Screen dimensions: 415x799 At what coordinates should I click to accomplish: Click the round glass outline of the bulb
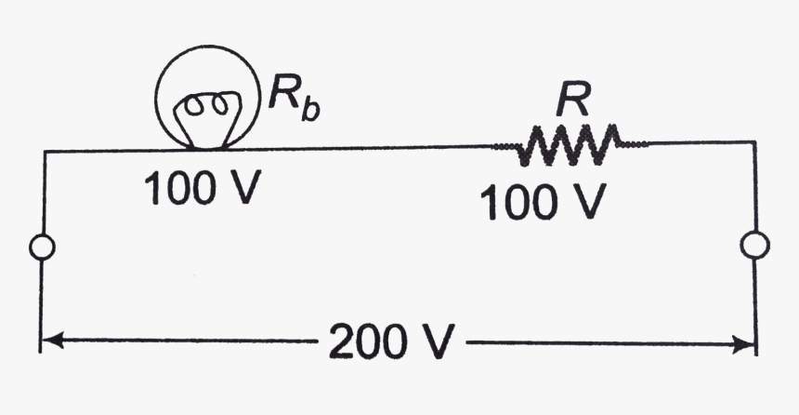pos(159,94)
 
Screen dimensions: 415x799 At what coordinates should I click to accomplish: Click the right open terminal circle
pos(754,245)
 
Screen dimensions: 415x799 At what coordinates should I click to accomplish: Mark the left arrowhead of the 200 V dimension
pos(51,342)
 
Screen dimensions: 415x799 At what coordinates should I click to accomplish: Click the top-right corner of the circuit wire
pos(755,142)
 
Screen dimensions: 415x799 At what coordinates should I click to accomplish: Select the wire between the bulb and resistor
pos(372,147)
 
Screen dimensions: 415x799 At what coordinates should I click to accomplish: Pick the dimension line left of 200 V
pos(186,342)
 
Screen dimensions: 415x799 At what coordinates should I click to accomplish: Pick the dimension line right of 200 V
pos(604,344)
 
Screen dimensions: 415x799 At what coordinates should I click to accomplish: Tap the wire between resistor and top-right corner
pos(697,143)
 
